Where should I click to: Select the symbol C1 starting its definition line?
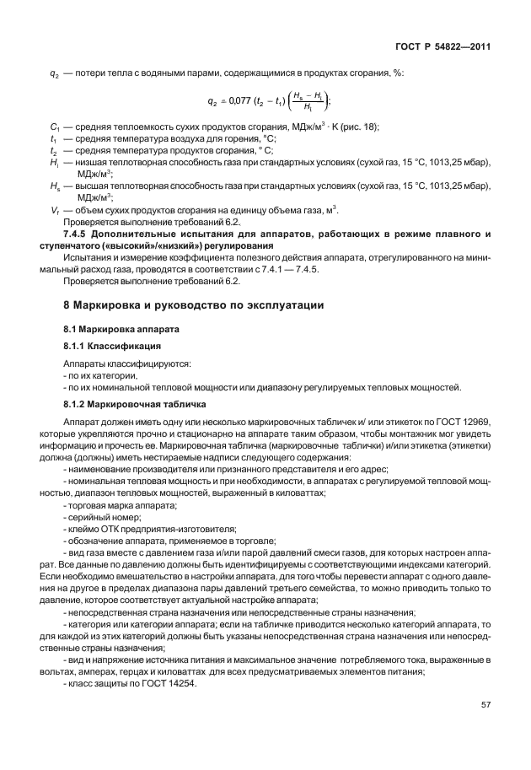[55, 127]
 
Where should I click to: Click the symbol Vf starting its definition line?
[54, 209]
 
